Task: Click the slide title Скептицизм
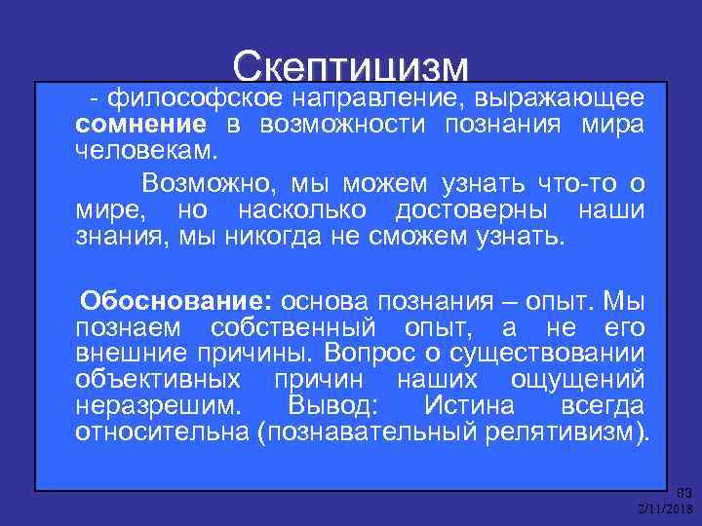351,66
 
